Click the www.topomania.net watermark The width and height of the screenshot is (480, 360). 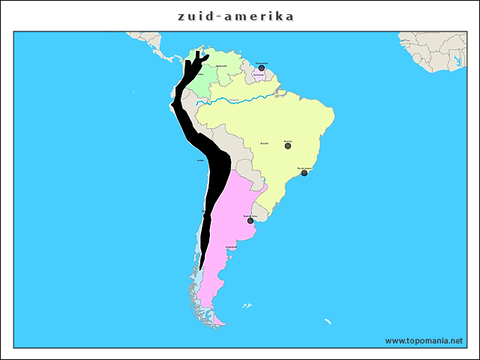pos(424,340)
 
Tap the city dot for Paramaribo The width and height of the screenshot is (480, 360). pos(261,68)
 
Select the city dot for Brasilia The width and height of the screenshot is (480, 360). pos(288,145)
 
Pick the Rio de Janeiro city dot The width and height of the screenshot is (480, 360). pos(304,173)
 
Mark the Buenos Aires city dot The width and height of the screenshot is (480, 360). pos(250,220)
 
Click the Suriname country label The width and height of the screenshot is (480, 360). pos(258,75)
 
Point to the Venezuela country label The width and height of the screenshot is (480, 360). pos(222,66)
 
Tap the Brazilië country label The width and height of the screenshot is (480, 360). pos(264,142)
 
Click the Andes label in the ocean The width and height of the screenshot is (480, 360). pos(199,160)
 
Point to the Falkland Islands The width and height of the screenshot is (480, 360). pos(246,305)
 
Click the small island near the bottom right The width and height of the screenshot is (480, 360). pos(328,321)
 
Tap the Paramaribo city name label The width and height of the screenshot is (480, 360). pos(261,63)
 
